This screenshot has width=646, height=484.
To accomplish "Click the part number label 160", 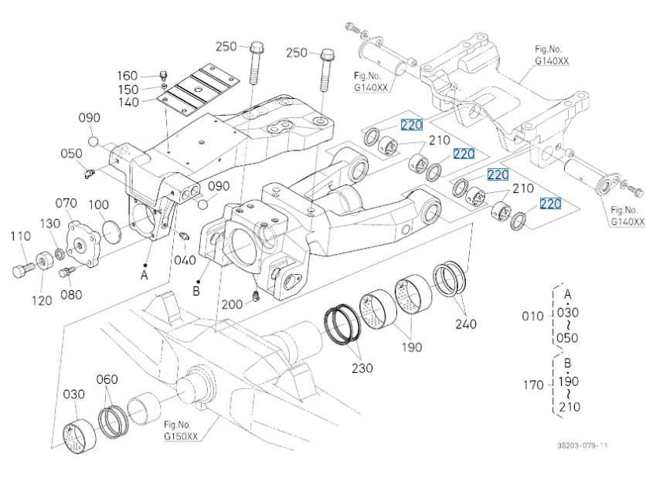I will (127, 76).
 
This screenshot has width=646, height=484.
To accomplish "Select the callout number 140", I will (128, 102).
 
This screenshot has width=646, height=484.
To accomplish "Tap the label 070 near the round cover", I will (66, 204).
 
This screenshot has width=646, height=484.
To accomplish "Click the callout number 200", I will (232, 305).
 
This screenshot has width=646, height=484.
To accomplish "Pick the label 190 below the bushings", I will (412, 347).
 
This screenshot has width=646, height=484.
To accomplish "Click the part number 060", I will (107, 379).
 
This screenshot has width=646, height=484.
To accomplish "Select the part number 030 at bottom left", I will (73, 394).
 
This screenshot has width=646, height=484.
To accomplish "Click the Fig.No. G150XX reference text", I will (181, 431).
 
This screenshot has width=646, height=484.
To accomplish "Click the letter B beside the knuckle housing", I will (196, 292).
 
